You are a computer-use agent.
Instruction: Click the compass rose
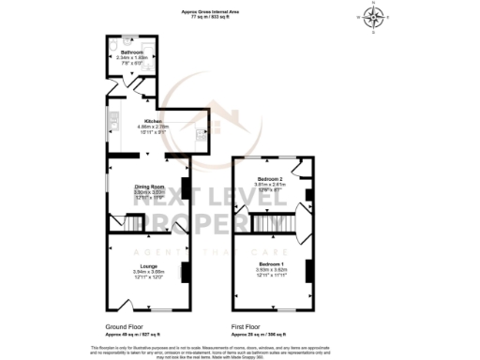tap(374, 16)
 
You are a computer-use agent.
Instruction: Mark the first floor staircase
tap(269, 224)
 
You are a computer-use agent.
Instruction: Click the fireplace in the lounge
tap(184, 272)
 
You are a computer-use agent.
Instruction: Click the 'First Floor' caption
tap(247, 327)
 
